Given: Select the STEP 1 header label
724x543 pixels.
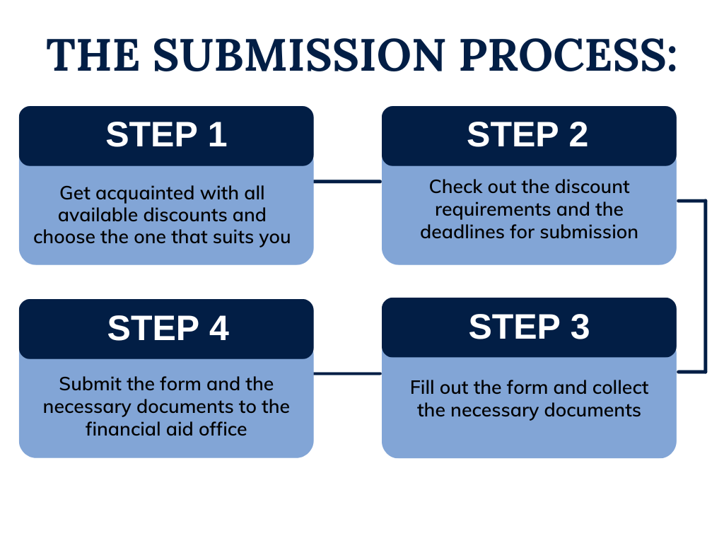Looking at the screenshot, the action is (166, 135).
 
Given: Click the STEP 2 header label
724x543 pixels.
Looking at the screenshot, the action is (527, 135).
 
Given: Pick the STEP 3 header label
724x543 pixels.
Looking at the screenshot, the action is (529, 327).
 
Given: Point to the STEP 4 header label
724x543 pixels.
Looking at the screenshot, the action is (168, 328).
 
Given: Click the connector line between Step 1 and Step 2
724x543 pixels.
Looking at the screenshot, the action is (348, 182).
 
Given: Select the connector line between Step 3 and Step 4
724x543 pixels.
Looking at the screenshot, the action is (348, 373).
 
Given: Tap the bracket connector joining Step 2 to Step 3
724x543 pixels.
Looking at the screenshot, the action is (705, 286).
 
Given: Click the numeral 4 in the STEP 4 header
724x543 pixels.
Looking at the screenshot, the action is (219, 328).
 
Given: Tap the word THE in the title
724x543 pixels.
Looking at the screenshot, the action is (93, 55).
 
